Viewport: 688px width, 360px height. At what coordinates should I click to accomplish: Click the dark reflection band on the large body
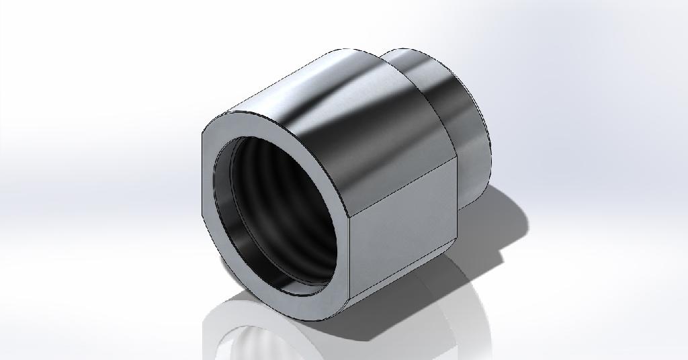396,121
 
